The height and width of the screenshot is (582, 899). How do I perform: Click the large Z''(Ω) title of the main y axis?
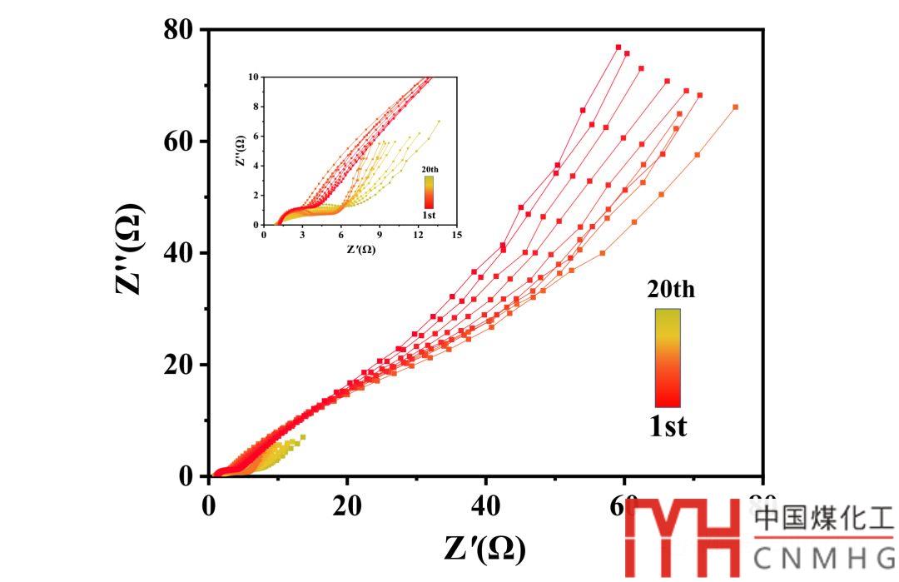pyautogui.click(x=132, y=252)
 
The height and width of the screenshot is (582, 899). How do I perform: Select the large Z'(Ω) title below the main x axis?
pyautogui.click(x=485, y=549)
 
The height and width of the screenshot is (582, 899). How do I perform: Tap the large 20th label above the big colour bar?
pyautogui.click(x=670, y=290)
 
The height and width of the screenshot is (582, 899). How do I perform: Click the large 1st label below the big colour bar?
pyautogui.click(x=668, y=426)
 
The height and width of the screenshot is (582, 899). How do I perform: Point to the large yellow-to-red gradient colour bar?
pyautogui.click(x=668, y=358)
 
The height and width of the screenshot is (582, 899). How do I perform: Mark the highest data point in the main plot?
pyautogui.click(x=618, y=47)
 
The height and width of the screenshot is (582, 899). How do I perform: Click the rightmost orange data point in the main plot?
pyautogui.click(x=735, y=107)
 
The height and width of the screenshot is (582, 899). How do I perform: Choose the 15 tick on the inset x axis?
pyautogui.click(x=456, y=235)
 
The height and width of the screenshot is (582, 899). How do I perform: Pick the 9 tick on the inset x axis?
pyautogui.click(x=380, y=235)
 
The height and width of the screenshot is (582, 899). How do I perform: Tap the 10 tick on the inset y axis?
pyautogui.click(x=254, y=76)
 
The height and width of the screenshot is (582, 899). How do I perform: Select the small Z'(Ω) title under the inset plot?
pyautogui.click(x=359, y=248)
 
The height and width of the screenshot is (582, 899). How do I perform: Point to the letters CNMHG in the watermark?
pyautogui.click(x=824, y=558)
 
